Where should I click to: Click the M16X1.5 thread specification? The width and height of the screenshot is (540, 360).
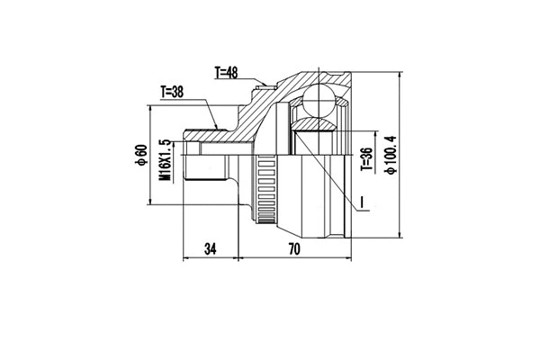(165, 160)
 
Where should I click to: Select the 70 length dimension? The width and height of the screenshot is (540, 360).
(293, 249)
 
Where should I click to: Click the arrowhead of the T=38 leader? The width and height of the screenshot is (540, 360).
(218, 126)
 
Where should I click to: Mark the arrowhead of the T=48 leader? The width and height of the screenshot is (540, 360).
(266, 88)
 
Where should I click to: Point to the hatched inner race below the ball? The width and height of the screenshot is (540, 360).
(315, 125)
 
